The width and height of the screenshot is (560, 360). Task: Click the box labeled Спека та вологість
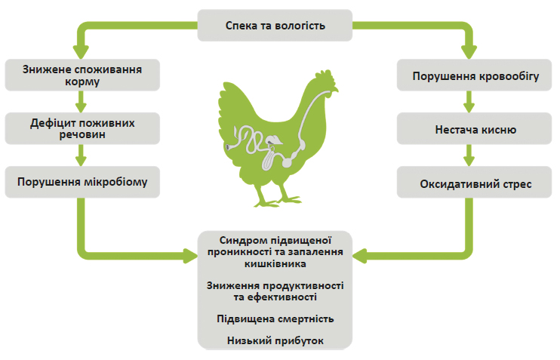coord(275,26)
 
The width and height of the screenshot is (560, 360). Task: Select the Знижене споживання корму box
coord(82,75)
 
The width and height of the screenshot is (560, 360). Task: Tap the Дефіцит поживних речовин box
coord(82,128)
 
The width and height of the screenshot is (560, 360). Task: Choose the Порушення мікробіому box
coord(82,182)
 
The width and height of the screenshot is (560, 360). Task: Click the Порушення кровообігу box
coord(474,75)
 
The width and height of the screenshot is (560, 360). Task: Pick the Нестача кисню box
coord(474,128)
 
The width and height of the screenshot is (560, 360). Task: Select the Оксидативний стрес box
coord(474,182)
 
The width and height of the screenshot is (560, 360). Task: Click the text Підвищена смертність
coord(275,318)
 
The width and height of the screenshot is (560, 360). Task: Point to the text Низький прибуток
coord(275,340)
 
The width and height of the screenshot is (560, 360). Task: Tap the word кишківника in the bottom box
coord(275,264)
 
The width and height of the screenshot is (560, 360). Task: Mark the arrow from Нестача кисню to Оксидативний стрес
coord(469,155)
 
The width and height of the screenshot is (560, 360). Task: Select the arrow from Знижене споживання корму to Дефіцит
coord(81,102)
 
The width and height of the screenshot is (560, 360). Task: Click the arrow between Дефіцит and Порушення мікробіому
coord(81,155)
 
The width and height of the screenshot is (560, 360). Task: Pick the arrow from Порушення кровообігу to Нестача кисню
coord(469,102)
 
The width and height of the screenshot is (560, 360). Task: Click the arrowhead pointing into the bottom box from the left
coord(190,256)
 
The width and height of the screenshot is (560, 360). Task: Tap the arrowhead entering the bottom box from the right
coord(360,256)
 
